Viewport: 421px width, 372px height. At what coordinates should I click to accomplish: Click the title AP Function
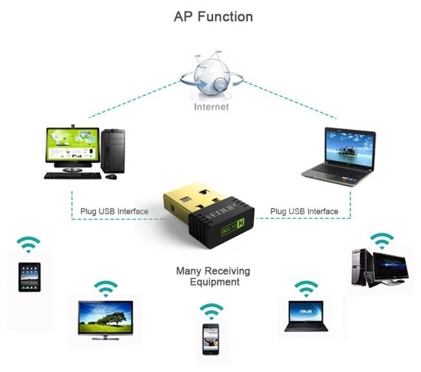213,17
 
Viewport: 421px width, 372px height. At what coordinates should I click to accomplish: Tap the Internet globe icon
211,78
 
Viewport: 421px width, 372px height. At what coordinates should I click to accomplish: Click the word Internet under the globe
211,106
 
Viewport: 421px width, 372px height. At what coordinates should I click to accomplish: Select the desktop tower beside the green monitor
113,149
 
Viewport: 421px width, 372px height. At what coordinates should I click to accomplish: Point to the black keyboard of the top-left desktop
73,175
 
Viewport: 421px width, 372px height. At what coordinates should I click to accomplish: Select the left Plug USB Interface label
114,211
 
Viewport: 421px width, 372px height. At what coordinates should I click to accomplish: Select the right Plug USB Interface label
304,211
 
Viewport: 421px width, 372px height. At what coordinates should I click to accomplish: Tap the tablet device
29,277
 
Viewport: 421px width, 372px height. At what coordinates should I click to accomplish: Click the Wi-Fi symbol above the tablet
28,244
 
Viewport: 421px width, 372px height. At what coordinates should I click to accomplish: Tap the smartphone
210,338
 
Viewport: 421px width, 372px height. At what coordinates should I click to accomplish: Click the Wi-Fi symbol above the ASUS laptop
306,287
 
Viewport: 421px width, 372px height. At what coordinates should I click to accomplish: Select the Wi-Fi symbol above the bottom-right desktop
382,240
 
